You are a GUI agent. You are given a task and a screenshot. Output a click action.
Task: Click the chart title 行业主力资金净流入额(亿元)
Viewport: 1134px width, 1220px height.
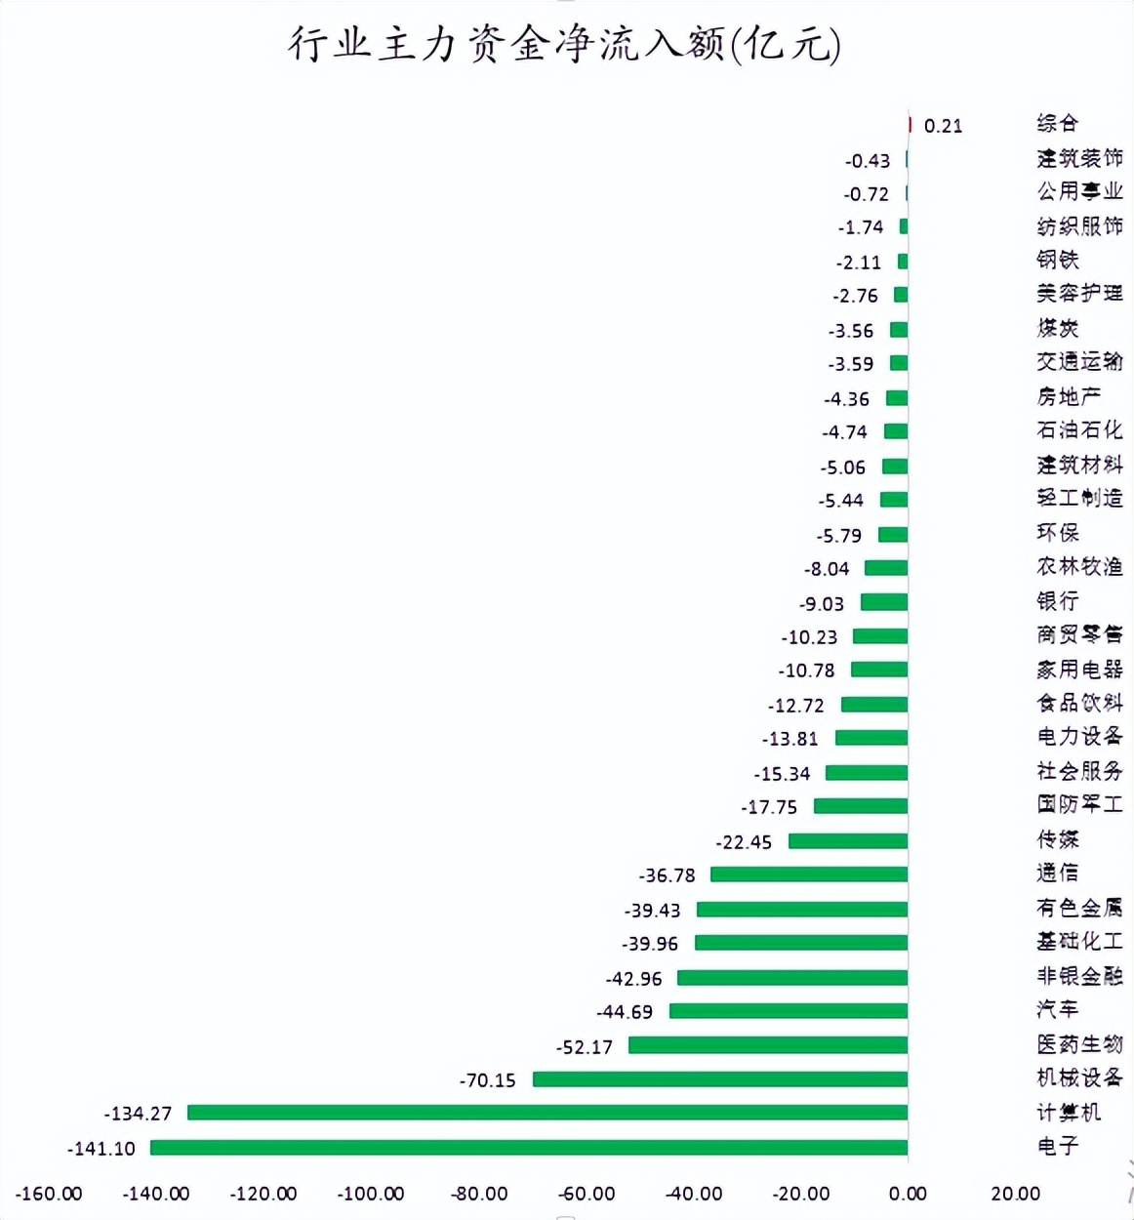564,45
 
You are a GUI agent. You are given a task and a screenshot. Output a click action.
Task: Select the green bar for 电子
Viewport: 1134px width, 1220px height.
528,1148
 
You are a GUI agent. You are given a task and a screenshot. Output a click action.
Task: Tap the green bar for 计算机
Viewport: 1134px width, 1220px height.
547,1113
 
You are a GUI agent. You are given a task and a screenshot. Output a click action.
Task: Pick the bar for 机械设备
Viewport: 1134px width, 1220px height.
719,1079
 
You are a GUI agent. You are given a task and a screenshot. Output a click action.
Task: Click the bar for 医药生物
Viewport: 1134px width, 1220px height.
767,1045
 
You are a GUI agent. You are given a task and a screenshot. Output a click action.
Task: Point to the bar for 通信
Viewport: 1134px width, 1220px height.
808,874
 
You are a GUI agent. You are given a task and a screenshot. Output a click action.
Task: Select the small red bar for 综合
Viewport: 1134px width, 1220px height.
910,125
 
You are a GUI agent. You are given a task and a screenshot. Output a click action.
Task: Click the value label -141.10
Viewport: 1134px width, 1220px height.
101,1149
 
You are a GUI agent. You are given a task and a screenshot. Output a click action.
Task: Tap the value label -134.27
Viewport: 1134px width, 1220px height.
138,1114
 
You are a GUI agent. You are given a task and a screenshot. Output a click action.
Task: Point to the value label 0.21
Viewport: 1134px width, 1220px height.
943,126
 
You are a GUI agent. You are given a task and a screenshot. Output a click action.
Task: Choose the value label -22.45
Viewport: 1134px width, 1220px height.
744,841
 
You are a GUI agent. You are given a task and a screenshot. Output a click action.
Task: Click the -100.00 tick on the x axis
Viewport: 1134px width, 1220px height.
371,1194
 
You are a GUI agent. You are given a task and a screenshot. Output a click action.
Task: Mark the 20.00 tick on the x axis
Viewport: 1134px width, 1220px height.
1015,1194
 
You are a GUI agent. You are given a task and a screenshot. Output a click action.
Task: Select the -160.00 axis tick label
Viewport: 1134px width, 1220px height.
49,1194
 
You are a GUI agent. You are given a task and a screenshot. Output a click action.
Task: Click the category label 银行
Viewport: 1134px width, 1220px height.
1058,601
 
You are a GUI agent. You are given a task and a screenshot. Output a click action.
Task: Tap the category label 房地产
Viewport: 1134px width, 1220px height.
1069,396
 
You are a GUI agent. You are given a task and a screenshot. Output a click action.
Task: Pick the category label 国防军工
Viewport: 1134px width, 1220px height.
1079,804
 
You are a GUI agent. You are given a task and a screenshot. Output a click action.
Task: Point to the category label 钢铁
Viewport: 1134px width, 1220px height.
1058,260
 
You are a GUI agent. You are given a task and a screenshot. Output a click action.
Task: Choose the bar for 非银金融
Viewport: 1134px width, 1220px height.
791,977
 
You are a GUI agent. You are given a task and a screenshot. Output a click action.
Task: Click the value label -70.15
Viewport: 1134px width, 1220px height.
487,1080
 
